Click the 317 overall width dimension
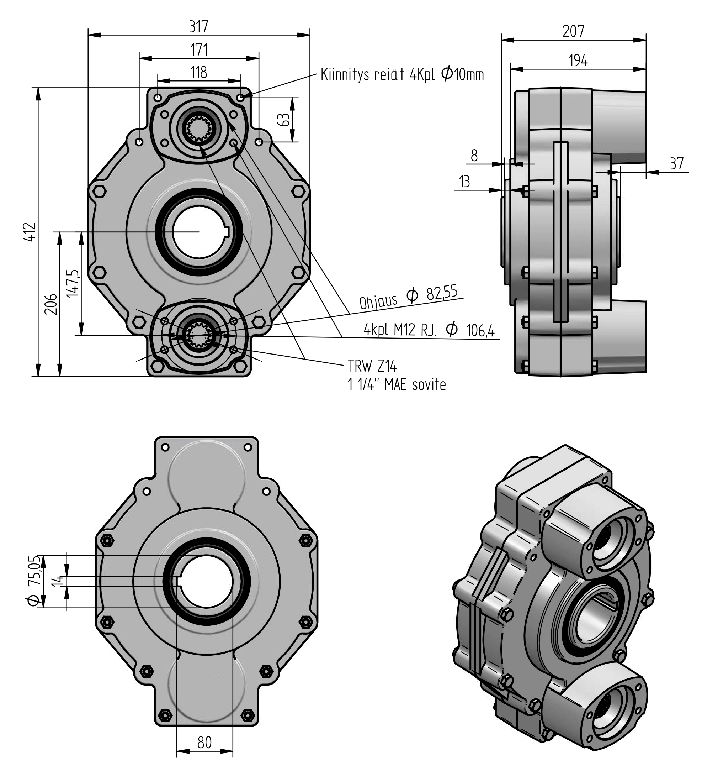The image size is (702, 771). [x=199, y=27]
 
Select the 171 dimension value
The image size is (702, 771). [x=199, y=50]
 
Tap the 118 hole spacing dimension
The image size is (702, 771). [x=199, y=72]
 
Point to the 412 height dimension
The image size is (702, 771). [x=30, y=231]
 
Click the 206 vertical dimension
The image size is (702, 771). [x=51, y=304]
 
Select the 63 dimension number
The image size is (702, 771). [x=283, y=119]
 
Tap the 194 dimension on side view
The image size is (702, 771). [x=578, y=61]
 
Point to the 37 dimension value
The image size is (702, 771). [x=676, y=164]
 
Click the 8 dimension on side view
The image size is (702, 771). [x=474, y=156]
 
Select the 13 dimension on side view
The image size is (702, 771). [x=464, y=182]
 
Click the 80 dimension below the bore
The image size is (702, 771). [x=204, y=742]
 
